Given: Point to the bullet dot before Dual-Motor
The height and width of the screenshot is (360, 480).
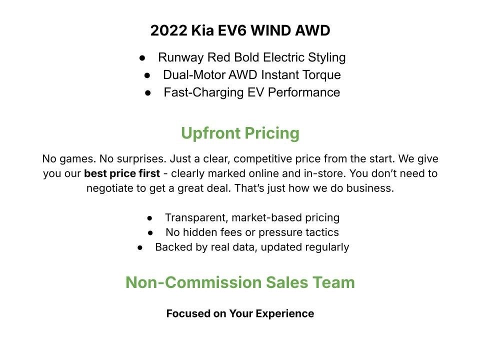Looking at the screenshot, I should click(x=147, y=75).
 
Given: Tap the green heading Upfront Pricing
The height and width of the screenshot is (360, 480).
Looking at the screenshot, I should click(x=240, y=133).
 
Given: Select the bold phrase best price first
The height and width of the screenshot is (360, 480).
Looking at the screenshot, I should click(x=122, y=174).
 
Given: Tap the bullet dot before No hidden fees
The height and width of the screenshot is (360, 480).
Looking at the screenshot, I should click(x=151, y=233).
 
